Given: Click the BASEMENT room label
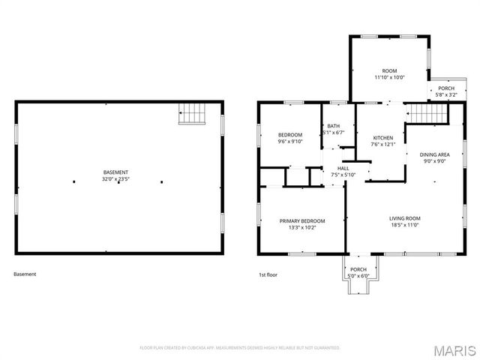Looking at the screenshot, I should coord(115,172).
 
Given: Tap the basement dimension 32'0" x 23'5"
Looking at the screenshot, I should coord(115,179).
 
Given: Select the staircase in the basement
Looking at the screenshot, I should coord(192,114).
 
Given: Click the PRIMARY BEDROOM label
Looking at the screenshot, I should coord(302,220).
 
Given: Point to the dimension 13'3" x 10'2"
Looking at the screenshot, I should coord(302,227).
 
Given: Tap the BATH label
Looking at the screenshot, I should coord(333,126).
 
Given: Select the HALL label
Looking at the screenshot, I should coord(343,169).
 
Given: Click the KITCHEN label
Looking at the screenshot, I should coord(383,138).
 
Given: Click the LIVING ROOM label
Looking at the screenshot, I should coord(404,218).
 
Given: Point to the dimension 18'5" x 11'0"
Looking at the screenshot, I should coord(404,225).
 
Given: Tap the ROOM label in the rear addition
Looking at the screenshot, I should coord(389,70).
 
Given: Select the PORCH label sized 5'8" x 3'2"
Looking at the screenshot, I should coord(446,88).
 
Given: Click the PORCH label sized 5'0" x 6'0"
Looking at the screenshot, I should coord(358,269).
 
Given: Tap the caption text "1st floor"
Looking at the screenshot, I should coord(268,274).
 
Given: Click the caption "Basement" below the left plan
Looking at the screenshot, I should coord(25,274).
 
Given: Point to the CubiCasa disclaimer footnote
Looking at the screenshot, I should coord(240,348).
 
